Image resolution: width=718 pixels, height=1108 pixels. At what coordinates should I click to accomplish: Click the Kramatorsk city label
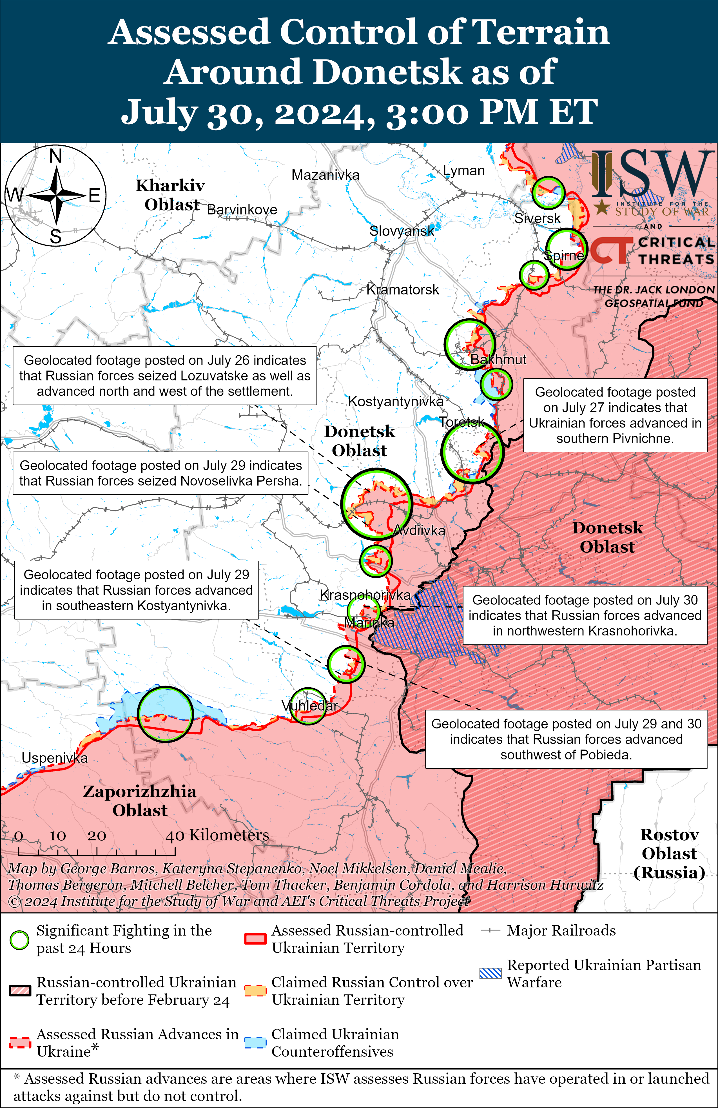click(403, 290)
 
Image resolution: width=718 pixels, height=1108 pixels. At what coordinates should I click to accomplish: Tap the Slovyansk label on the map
click(402, 231)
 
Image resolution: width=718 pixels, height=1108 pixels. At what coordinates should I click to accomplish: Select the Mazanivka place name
click(325, 175)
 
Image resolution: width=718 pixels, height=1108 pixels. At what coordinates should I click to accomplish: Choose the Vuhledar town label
click(309, 706)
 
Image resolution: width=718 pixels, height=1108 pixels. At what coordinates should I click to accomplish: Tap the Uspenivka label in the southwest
click(54, 758)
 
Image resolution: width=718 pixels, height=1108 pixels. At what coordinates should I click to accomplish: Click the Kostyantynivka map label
click(396, 401)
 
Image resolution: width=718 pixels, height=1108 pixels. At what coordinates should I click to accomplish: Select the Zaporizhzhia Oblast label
click(140, 801)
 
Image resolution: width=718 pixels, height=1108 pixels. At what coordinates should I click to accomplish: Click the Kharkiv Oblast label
click(170, 195)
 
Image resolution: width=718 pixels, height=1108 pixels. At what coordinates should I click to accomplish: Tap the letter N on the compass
click(56, 156)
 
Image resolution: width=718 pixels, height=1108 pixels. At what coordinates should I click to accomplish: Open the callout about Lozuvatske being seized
click(165, 375)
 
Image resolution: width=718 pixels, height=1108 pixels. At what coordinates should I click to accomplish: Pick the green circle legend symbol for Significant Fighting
click(19, 940)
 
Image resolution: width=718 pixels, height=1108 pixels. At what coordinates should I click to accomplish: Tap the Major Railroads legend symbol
click(490, 931)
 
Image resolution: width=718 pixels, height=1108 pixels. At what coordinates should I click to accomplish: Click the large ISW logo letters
click(652, 175)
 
